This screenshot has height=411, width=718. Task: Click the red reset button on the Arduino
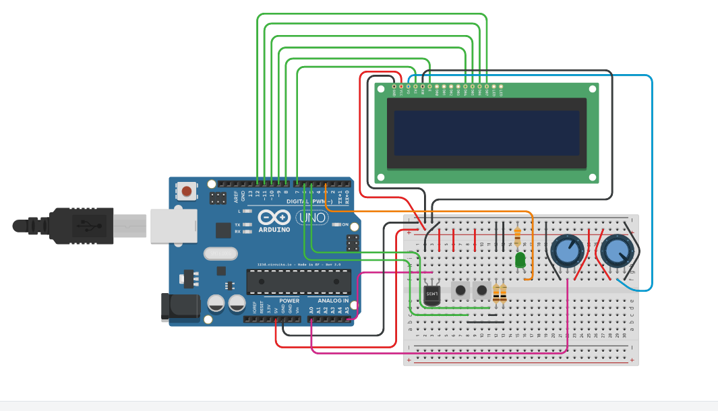[187, 192]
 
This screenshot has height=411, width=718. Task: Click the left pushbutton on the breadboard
[461, 291]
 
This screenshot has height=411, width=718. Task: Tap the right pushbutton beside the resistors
[481, 291]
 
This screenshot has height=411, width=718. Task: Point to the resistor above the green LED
[517, 236]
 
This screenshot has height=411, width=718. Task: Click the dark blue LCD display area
[486, 133]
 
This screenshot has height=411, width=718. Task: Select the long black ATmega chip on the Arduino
[299, 282]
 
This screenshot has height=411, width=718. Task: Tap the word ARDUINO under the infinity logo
[274, 230]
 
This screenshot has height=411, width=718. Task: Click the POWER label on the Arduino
[289, 301]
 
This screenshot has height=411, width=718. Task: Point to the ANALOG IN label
[333, 301]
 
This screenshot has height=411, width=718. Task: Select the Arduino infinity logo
[274, 218]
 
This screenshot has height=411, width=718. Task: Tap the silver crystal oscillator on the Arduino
[219, 253]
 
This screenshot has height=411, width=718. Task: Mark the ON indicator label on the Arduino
[345, 224]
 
